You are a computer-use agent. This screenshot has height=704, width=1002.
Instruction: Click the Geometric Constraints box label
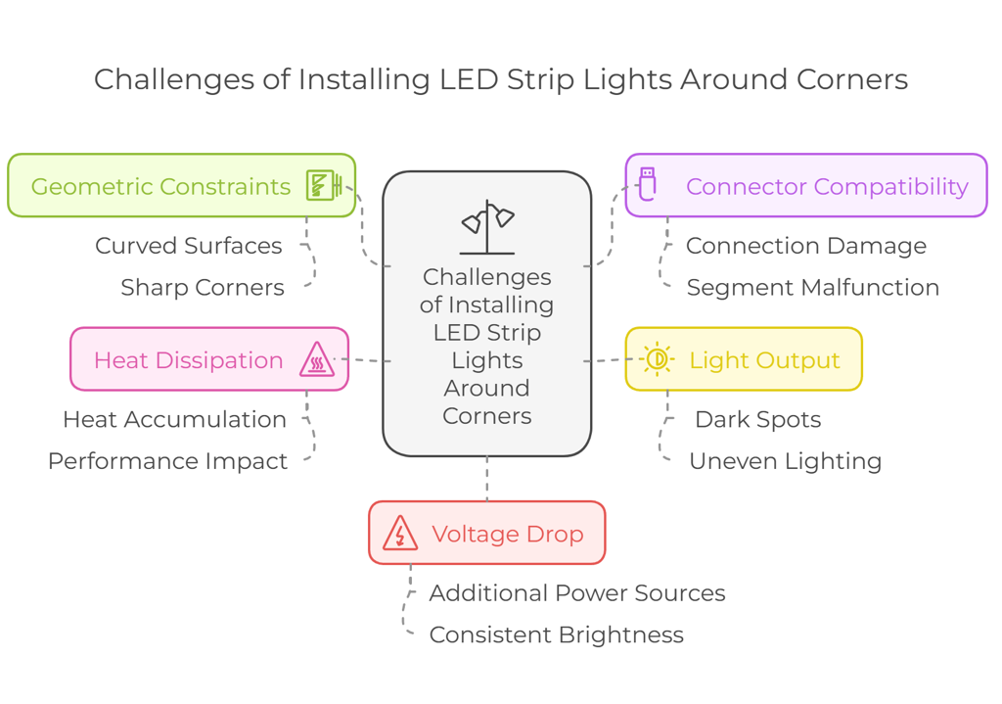pos(160,186)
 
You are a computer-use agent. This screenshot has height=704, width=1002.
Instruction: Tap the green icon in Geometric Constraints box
pos(322,185)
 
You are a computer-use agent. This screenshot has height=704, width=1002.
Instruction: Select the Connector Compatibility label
pos(827,186)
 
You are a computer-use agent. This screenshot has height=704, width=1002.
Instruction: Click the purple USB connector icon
pos(647,184)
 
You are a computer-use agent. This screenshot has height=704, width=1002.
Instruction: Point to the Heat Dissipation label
pos(188,360)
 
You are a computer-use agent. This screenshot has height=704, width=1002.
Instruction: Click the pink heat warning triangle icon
pos(317,360)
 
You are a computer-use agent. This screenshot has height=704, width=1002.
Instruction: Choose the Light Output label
pos(764,360)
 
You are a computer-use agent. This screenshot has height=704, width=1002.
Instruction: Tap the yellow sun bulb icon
pos(658,359)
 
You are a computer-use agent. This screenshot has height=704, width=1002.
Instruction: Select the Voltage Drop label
pos(507,534)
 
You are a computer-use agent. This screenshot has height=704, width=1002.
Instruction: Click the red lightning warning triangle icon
pos(400,534)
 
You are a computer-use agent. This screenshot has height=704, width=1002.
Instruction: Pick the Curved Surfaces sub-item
pos(188,246)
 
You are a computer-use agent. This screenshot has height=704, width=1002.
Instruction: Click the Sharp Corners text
pos(202,288)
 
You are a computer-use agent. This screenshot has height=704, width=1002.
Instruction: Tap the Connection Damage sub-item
pos(805,246)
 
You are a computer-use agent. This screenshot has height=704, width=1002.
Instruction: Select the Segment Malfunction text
pos(812,288)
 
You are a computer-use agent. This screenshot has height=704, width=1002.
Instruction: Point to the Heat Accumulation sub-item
pos(174,419)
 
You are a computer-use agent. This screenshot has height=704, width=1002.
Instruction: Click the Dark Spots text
pos(757,419)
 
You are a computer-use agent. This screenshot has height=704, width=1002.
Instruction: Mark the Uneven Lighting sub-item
pos(785,461)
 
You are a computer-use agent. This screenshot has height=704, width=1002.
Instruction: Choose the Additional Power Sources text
pos(576,593)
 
